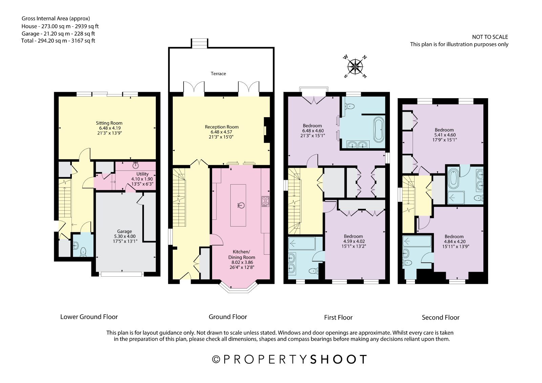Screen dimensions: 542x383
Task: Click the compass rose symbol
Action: coord(355,66)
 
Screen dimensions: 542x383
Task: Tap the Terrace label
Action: coord(218,73)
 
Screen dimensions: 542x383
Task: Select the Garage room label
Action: coord(125,231)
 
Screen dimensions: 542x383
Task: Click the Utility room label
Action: coord(142,174)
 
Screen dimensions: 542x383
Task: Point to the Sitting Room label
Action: coord(109,123)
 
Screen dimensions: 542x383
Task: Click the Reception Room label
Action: coord(222,127)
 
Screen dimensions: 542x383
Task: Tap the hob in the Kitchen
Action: coord(266,201)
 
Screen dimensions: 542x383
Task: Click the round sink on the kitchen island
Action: coord(241,206)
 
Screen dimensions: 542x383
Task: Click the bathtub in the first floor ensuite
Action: coord(379,129)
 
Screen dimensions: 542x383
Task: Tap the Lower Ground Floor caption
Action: coord(89,317)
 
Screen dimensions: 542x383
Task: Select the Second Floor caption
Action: coord(441,317)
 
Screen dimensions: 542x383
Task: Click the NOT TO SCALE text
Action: coord(490,37)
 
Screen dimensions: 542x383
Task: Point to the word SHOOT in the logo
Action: coord(338,360)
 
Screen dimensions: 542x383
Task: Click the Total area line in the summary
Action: coord(58,41)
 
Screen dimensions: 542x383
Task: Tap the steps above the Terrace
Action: coord(200,43)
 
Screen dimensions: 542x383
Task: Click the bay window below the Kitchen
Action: coord(238,287)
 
